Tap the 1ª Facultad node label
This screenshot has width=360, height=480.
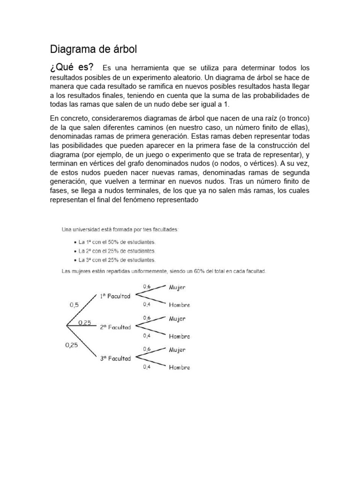click(115, 296)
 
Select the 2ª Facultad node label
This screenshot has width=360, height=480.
click(115, 327)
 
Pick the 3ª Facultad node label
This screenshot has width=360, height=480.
click(115, 358)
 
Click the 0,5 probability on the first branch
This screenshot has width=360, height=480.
click(75, 304)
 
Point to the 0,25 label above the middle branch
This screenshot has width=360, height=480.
click(85, 322)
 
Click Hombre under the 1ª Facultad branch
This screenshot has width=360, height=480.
click(180, 305)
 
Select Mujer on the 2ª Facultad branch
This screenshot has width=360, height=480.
click(177, 319)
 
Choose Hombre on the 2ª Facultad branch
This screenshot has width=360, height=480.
click(180, 336)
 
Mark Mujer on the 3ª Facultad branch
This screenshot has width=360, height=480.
click(177, 350)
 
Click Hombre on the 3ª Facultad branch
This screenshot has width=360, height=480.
click(180, 367)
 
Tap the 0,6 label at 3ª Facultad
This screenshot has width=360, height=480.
click(147, 349)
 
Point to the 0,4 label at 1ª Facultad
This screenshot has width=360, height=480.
click(147, 305)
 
